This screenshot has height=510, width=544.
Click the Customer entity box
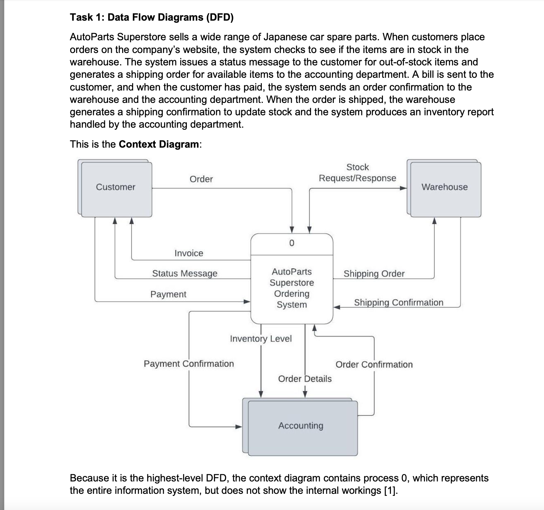click(x=116, y=188)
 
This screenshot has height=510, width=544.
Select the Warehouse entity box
click(x=445, y=188)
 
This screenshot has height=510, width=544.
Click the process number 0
click(x=291, y=243)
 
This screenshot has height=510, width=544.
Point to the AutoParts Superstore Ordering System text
click(x=292, y=288)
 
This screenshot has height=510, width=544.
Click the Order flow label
click(x=201, y=179)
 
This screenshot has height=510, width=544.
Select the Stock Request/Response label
click(x=358, y=173)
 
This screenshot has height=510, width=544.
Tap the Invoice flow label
click(x=189, y=253)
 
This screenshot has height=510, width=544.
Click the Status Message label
click(x=185, y=274)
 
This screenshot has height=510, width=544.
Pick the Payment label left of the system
click(x=168, y=294)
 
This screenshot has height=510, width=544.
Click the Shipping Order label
click(x=374, y=274)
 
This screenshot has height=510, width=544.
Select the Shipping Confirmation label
click(x=398, y=302)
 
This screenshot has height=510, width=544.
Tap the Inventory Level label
click(x=261, y=339)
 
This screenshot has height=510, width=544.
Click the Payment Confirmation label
click(x=189, y=364)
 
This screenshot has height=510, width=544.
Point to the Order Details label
click(x=305, y=379)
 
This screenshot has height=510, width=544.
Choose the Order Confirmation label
click(x=374, y=364)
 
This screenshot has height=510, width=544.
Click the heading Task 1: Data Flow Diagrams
click(x=152, y=17)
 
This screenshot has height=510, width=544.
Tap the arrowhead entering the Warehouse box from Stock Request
click(x=403, y=188)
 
